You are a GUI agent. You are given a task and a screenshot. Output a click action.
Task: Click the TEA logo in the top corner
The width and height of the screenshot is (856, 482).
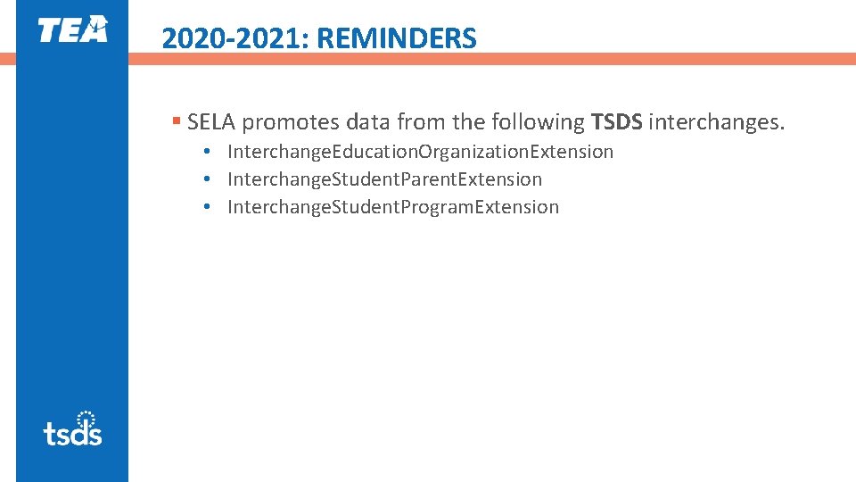(72, 29)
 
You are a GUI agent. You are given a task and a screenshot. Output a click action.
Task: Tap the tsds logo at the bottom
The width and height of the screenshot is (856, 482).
(72, 428)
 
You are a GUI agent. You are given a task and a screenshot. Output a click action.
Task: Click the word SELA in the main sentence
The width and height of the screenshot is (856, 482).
(212, 121)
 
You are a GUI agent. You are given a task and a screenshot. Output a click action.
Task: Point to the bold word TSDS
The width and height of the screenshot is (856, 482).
(616, 121)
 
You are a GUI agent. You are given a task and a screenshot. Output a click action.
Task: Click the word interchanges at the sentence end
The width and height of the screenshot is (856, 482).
(716, 121)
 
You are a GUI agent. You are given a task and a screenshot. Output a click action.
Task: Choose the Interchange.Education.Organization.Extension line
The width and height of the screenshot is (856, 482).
(420, 152)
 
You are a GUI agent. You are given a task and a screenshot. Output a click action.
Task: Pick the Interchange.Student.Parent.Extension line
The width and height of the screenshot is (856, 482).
(384, 179)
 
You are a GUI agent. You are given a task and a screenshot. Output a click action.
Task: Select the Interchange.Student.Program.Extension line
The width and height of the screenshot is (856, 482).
(393, 207)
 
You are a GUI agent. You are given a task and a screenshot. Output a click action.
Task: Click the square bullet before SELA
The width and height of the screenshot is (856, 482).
(177, 120)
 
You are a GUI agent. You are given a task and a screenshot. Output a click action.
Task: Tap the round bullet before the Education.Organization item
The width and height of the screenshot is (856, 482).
(205, 152)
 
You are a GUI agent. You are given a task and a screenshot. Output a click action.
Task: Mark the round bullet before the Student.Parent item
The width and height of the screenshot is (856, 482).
(205, 179)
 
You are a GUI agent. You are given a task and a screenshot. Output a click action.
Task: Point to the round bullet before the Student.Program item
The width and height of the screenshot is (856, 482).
(205, 207)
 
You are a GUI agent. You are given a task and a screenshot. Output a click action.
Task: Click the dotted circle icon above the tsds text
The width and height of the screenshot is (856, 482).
(86, 418)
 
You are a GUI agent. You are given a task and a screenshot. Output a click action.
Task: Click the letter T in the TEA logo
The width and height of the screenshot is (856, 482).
(48, 30)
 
